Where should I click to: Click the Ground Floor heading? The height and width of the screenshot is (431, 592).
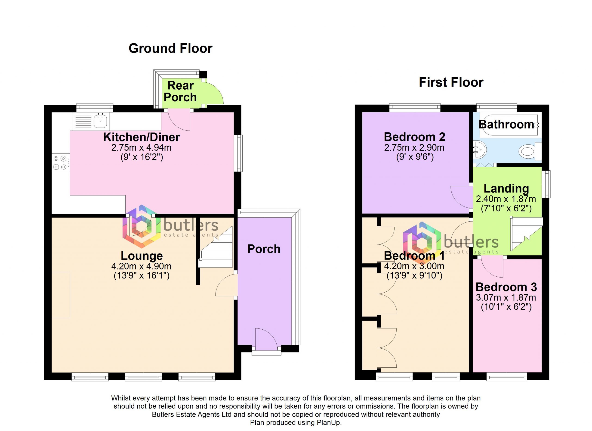170,49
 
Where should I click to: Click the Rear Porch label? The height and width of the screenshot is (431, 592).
180,91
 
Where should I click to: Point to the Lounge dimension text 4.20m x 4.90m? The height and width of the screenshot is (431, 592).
142,266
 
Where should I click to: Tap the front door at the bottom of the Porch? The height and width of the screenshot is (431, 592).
266,339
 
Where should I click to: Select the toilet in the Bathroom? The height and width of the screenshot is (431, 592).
530,151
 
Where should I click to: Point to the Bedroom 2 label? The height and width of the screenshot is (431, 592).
414,137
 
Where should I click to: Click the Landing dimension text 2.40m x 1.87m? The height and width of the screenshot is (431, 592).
506,199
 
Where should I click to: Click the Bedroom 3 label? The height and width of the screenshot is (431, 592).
506,287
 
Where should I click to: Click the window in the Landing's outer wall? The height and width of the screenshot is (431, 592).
546,184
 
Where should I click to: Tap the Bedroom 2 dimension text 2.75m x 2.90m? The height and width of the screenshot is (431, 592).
414,148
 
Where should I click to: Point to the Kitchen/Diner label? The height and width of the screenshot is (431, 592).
142,137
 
